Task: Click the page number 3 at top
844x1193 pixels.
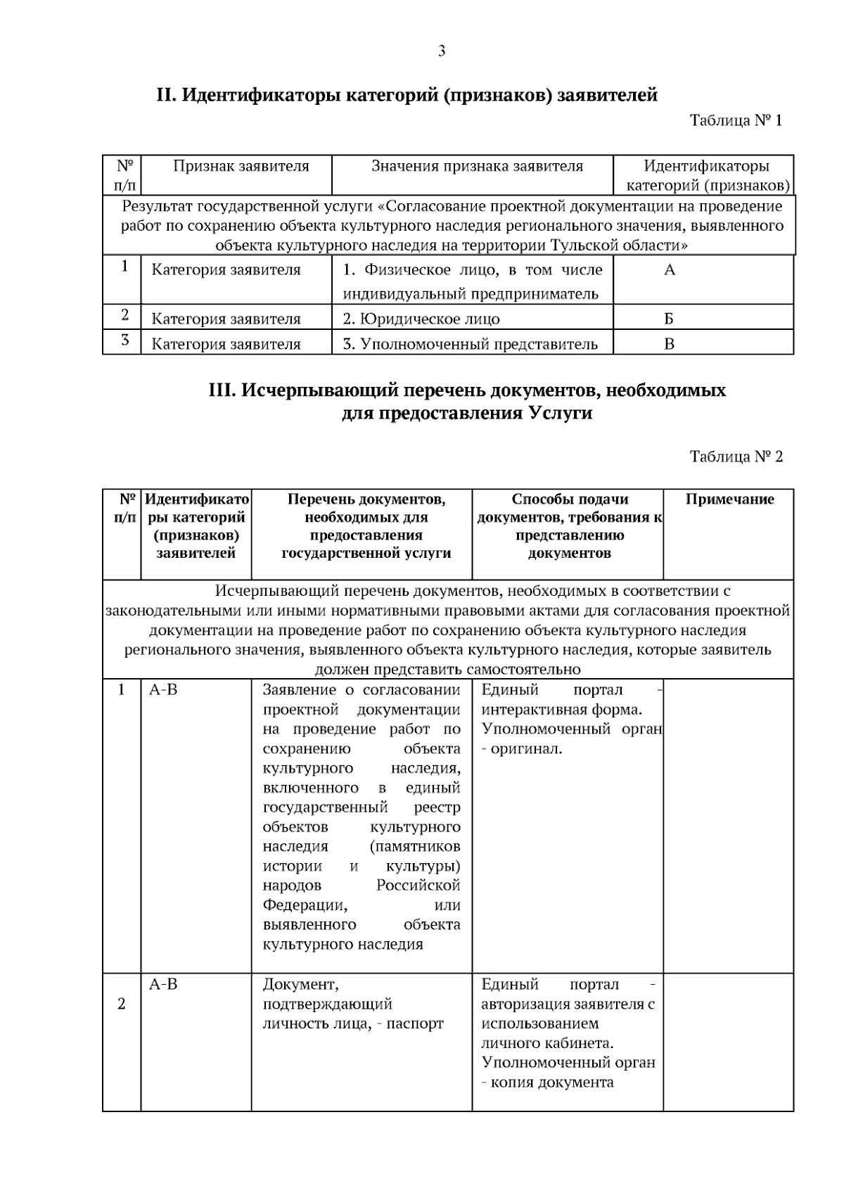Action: pyautogui.click(x=442, y=51)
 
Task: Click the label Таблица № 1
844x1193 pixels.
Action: pyautogui.click(x=736, y=120)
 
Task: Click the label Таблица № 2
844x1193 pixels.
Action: pyautogui.click(x=736, y=457)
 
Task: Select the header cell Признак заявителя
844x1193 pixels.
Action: pyautogui.click(x=241, y=167)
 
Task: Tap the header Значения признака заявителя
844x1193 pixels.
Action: pyautogui.click(x=477, y=167)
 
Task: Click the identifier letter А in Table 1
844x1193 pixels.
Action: pyautogui.click(x=670, y=270)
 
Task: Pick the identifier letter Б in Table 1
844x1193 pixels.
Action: pyautogui.click(x=669, y=319)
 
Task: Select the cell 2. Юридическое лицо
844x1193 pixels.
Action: pyautogui.click(x=421, y=319)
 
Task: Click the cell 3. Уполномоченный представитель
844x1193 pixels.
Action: pyautogui.click(x=470, y=344)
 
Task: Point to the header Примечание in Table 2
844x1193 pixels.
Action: pyautogui.click(x=729, y=499)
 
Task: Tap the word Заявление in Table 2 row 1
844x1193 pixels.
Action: pyautogui.click(x=298, y=690)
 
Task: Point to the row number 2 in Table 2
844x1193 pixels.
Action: pyautogui.click(x=122, y=1004)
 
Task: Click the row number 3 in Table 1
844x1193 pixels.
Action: pyautogui.click(x=124, y=341)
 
